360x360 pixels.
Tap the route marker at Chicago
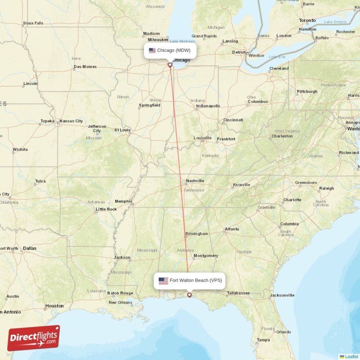point(170,65)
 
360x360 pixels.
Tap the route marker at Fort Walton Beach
point(189,295)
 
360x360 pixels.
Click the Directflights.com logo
point(34,337)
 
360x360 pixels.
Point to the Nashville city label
point(195,181)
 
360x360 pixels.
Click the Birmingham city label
point(197,234)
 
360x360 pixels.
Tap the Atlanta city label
point(232,229)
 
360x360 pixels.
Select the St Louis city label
point(122,130)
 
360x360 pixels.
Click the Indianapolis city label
point(208,106)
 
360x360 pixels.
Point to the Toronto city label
point(307,21)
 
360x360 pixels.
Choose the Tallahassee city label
point(238,293)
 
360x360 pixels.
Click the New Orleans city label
point(120,302)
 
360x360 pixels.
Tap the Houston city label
point(54,306)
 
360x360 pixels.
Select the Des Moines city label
point(85,67)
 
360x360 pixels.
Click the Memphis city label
point(124,201)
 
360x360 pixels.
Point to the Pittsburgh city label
point(307,92)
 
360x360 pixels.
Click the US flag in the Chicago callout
point(152,50)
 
